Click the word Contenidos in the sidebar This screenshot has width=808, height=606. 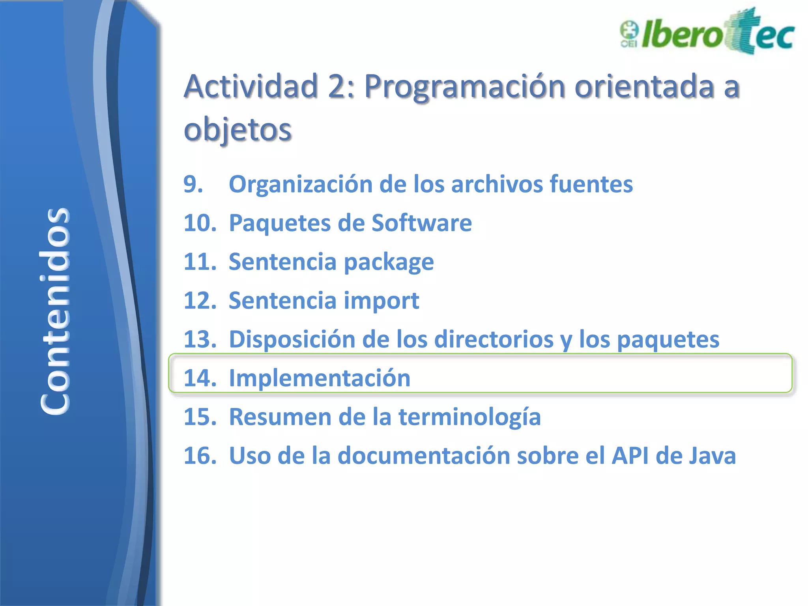click(x=55, y=311)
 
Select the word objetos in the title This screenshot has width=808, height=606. click(x=238, y=129)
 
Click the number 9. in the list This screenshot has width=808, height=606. click(x=193, y=184)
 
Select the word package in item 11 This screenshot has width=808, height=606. click(x=389, y=262)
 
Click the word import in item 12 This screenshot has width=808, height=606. click(x=381, y=301)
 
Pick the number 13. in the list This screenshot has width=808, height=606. click(x=200, y=339)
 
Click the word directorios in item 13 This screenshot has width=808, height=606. click(x=494, y=339)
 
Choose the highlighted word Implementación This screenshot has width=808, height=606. click(x=320, y=378)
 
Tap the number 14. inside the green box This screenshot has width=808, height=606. click(x=200, y=378)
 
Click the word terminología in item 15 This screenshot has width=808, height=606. click(x=469, y=417)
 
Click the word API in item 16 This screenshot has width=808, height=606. click(x=630, y=456)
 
